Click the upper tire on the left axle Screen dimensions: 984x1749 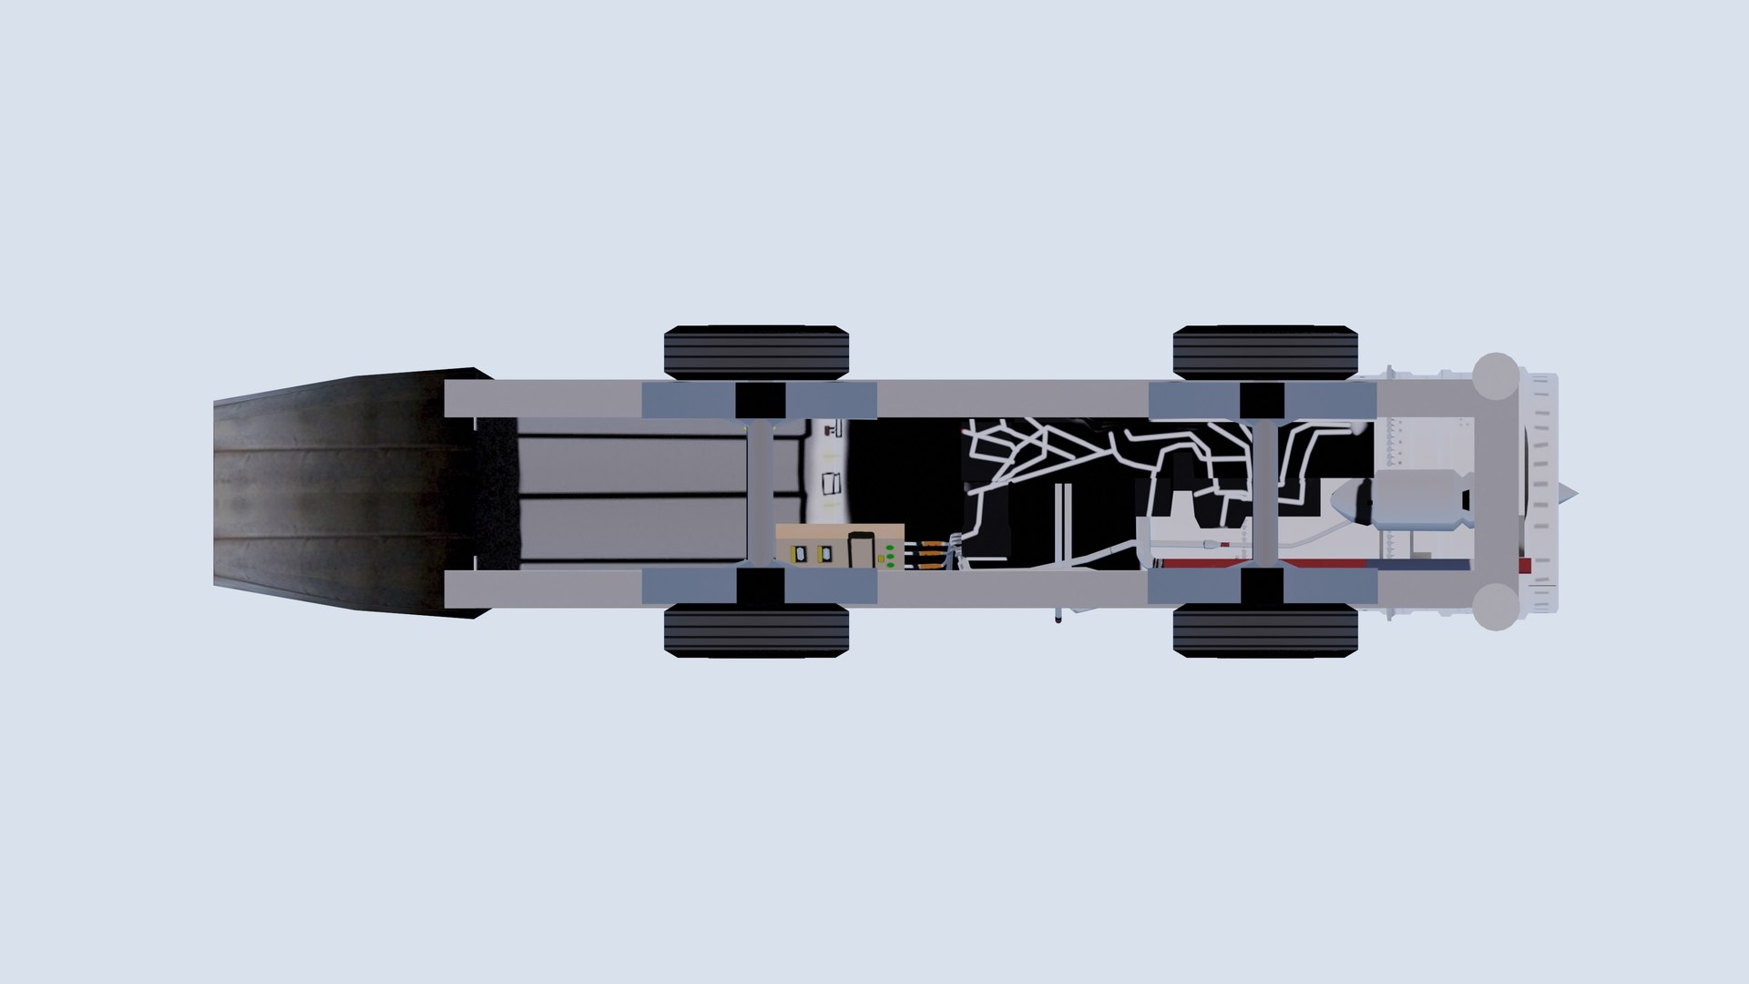point(756,352)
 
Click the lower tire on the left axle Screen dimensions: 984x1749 point(756,631)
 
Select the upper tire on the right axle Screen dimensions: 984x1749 point(1265,352)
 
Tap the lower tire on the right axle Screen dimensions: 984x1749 point(1265,631)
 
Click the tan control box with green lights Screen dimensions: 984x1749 point(838,546)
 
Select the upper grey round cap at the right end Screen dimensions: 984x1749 point(1495,375)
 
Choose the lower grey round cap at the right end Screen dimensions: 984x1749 point(1495,606)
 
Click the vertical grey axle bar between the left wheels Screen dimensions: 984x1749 point(760,492)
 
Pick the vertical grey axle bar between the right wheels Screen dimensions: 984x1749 point(1263,492)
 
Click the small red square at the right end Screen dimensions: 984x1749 point(1525,566)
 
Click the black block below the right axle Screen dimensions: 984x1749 point(1263,586)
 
